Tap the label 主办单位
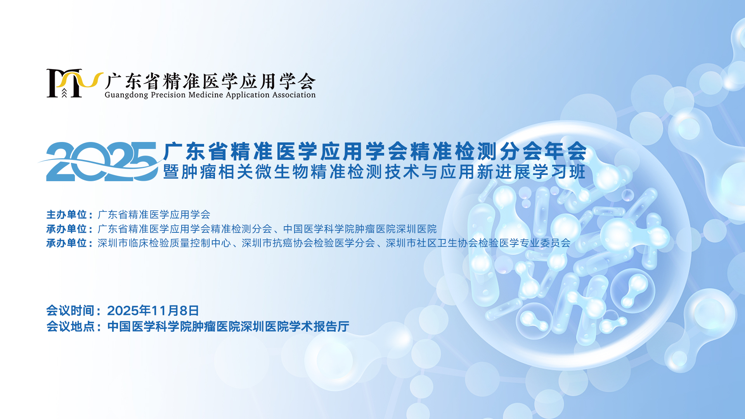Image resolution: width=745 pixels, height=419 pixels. pos(66,215)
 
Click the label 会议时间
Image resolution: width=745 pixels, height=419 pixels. pos(70,310)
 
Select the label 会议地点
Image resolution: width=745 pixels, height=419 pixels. pos(70,326)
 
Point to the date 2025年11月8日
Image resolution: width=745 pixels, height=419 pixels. pos(153,310)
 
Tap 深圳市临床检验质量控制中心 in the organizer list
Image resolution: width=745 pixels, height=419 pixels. pos(164,243)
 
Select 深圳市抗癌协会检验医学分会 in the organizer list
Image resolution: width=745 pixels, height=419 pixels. pos(308,243)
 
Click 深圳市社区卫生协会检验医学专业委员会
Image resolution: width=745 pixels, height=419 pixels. pos(478,243)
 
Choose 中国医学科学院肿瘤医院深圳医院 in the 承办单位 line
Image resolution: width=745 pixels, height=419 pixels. pos(360,229)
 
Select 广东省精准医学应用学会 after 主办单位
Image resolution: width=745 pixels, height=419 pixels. pos(154,215)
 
